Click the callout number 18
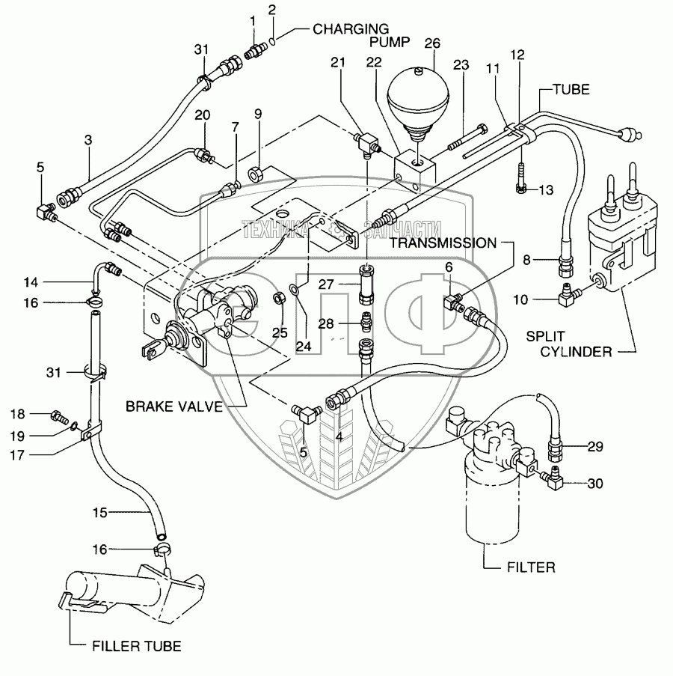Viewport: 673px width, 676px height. pos(37,413)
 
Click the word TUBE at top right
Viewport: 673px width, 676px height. pos(571,89)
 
